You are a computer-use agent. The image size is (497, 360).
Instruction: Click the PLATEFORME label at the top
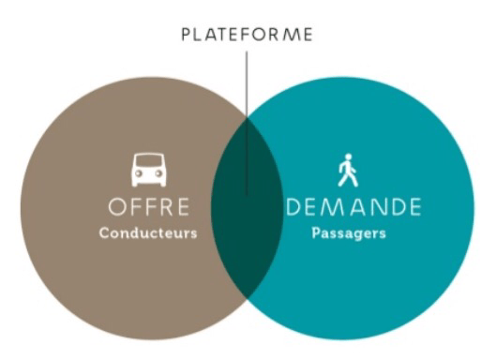click(248, 36)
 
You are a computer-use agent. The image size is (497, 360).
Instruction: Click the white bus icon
click(149, 170)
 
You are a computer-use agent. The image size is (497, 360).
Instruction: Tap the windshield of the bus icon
click(149, 163)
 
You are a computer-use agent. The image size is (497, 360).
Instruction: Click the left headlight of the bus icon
click(139, 175)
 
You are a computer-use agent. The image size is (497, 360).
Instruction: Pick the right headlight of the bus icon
click(159, 175)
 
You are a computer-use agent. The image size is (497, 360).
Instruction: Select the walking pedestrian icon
click(348, 170)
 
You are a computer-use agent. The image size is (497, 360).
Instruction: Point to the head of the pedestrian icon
click(348, 157)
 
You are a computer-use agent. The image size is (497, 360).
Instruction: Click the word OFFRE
click(148, 206)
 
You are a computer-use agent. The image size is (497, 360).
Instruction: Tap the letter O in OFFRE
click(117, 206)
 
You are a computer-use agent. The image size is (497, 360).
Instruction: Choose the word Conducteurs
click(148, 232)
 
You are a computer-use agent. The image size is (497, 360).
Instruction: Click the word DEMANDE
click(352, 206)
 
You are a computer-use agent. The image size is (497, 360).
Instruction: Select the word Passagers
click(349, 233)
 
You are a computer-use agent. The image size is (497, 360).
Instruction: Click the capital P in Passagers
click(316, 232)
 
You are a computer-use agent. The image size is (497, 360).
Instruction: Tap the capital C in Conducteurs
click(104, 232)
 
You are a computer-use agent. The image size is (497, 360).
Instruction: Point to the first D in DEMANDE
click(292, 206)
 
